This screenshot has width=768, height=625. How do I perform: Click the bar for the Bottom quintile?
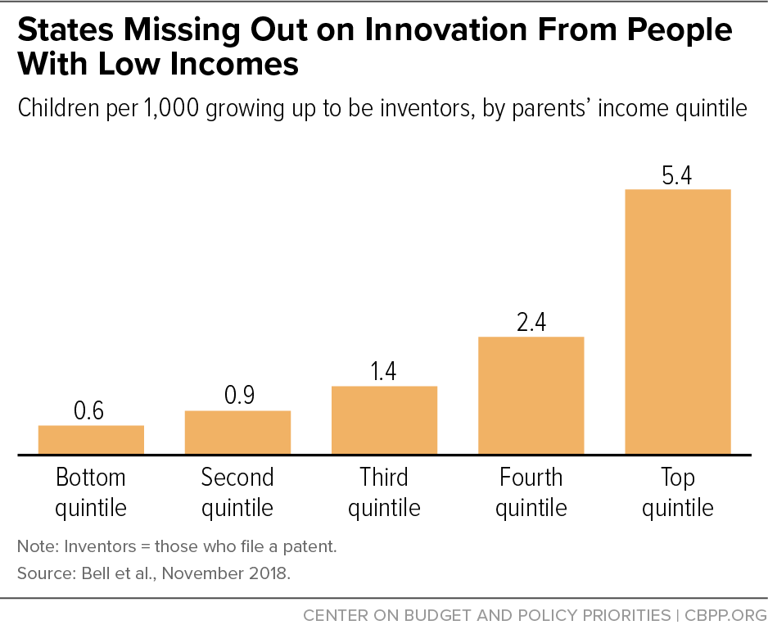91,439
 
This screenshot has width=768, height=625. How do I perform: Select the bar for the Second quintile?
237,432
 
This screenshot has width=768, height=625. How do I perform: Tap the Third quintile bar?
384,419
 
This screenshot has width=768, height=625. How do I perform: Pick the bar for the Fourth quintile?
531,395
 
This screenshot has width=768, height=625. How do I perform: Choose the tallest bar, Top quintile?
677,321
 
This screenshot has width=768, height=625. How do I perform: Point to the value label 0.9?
239,396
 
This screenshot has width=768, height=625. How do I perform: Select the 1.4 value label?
384,370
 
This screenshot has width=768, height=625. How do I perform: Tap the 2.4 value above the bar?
531,321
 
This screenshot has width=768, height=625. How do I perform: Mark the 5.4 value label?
677,174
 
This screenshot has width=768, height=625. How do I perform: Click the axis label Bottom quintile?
91,492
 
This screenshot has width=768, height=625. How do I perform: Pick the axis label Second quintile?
237,492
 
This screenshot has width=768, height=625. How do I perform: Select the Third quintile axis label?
384,492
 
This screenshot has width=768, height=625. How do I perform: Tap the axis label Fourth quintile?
531,492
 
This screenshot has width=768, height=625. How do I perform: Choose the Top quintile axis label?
677,492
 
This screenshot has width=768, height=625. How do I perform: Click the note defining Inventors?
176,546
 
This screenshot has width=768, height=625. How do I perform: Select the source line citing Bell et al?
154,573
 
